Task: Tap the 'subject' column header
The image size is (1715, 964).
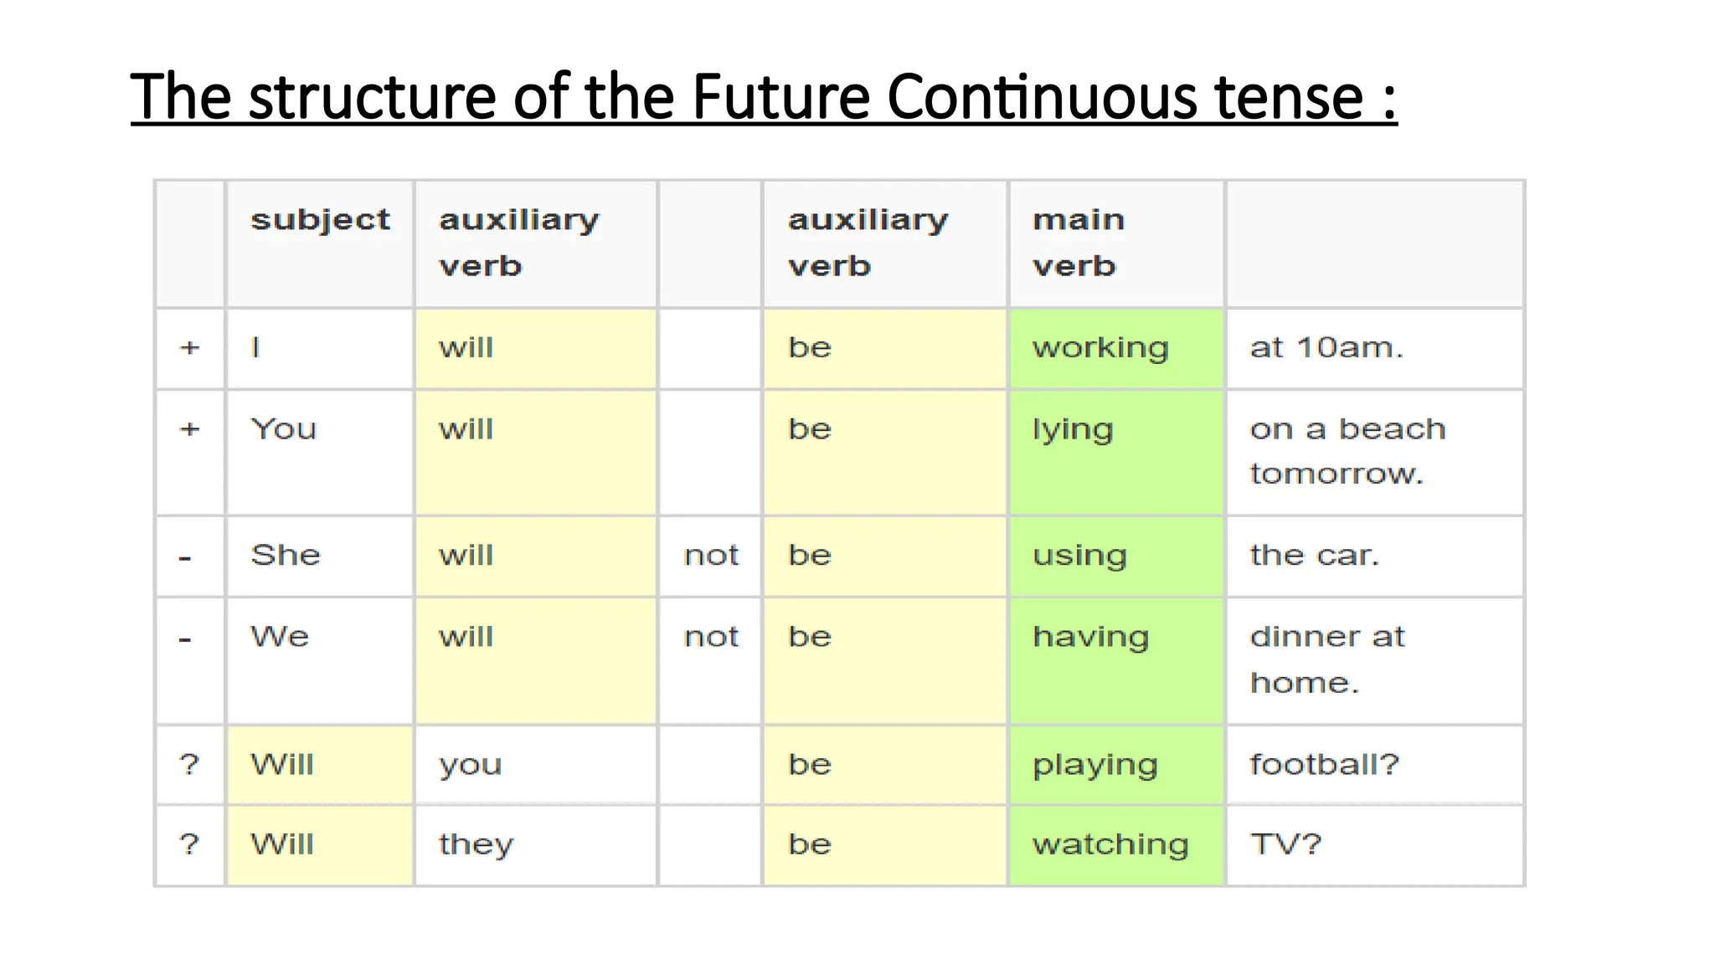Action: pos(320,219)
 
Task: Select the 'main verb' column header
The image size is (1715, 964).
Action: pos(1078,243)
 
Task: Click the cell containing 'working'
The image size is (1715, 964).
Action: pos(1100,347)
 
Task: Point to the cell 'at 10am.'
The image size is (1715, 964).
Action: pos(1326,347)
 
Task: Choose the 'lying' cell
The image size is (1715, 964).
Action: pos(1073,429)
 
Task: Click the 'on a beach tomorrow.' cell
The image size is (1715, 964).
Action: pos(1347,451)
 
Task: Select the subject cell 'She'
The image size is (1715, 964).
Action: pos(286,555)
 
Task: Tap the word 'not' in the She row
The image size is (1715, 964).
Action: pos(711,555)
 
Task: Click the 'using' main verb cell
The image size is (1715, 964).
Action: pos(1079,555)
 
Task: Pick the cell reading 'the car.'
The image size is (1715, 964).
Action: pos(1314,555)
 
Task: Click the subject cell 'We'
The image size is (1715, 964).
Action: pos(280,637)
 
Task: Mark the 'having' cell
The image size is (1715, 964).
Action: pos(1090,637)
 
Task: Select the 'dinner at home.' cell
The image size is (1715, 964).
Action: pos(1327,659)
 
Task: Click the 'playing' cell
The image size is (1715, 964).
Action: pos(1094,765)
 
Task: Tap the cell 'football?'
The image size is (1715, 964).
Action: pos(1324,764)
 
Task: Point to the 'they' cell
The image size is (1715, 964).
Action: pos(476,844)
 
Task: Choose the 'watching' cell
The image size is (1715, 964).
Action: pos(1110,844)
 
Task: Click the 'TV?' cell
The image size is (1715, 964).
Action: pos(1285,844)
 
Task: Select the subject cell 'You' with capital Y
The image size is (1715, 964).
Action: pos(284,429)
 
